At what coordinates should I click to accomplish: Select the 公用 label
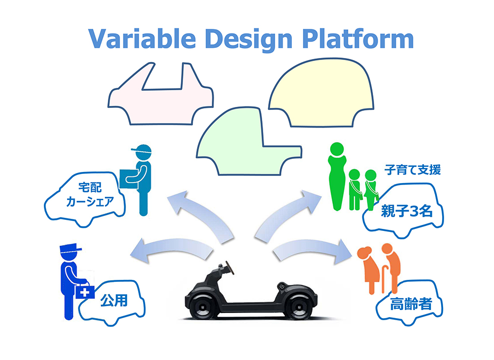click(113, 302)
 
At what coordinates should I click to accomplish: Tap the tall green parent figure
click(336, 176)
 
